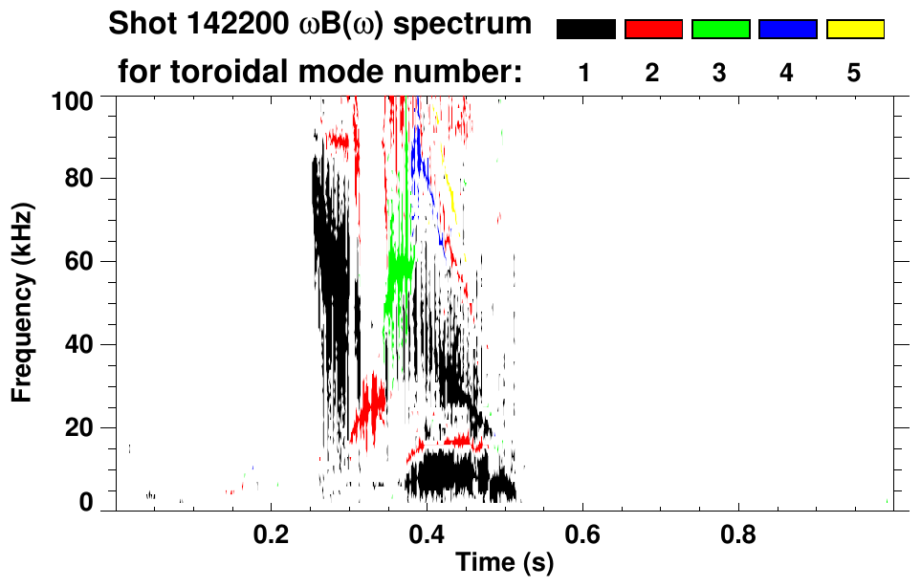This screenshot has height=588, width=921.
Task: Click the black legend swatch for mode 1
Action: click(x=586, y=30)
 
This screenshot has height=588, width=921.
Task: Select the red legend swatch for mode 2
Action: click(x=653, y=30)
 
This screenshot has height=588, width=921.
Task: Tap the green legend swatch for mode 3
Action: click(x=720, y=30)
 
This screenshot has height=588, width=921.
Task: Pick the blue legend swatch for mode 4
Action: click(x=787, y=30)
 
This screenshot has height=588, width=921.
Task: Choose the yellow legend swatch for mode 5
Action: click(x=855, y=30)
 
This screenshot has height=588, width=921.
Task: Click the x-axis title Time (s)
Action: click(x=504, y=563)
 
